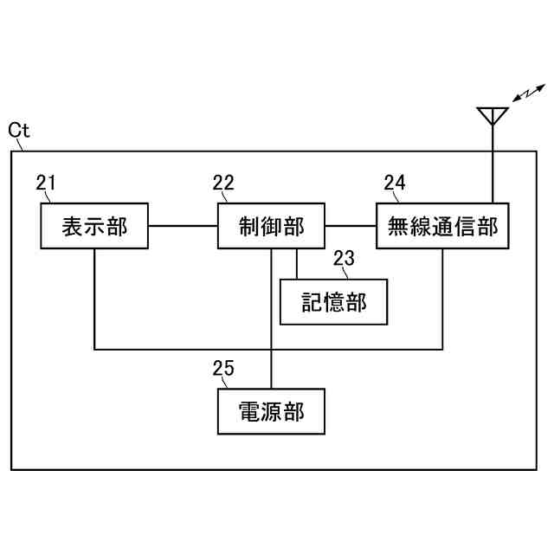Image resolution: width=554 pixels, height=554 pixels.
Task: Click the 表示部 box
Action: pyautogui.click(x=94, y=227)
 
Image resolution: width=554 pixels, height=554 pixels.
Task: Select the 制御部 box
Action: pyautogui.click(x=271, y=227)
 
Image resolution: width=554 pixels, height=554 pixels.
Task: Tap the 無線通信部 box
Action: pyautogui.click(x=442, y=227)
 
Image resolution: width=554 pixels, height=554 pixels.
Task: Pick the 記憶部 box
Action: pyautogui.click(x=333, y=302)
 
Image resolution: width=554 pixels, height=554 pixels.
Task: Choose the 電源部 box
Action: pyautogui.click(x=271, y=411)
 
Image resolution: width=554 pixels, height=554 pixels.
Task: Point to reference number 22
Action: pyautogui.click(x=223, y=183)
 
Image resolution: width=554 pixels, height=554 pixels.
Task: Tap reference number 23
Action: pyautogui.click(x=344, y=257)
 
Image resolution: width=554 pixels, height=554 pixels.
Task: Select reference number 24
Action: pyautogui.click(x=395, y=183)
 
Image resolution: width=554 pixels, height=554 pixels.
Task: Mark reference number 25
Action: pyautogui.click(x=223, y=368)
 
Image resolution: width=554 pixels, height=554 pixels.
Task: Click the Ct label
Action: pyautogui.click(x=19, y=131)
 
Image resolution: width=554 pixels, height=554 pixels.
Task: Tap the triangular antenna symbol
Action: pyautogui.click(x=492, y=115)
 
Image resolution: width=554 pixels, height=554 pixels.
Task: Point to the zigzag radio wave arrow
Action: pyautogui.click(x=528, y=93)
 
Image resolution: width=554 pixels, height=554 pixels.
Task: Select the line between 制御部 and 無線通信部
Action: pyautogui.click(x=351, y=227)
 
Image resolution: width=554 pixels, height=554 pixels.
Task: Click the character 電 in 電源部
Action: pyautogui.click(x=249, y=411)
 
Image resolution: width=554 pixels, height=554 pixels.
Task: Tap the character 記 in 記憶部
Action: pyautogui.click(x=312, y=302)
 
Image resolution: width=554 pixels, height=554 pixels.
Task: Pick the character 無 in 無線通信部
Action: pyautogui.click(x=397, y=227)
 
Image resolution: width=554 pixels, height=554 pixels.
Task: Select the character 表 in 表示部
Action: pyautogui.click(x=73, y=227)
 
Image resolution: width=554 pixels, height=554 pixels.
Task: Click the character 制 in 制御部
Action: pyautogui.click(x=249, y=227)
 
